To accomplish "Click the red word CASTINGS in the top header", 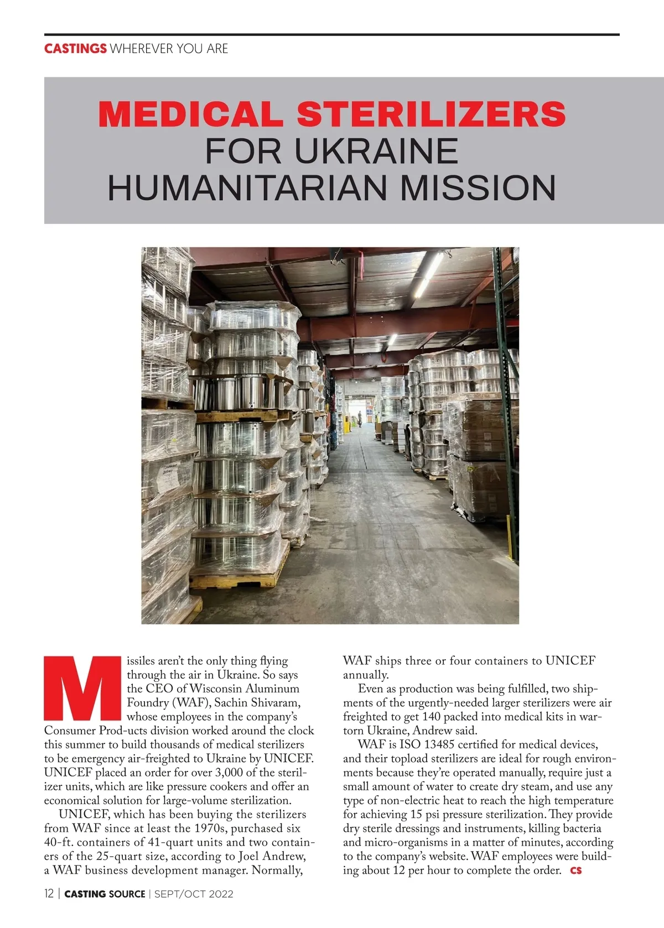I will tap(75, 49).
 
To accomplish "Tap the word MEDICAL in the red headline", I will tap(190, 114).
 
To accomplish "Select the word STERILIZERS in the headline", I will tap(431, 114).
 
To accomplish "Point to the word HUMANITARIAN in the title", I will tap(247, 187).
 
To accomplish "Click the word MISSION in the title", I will tap(478, 187).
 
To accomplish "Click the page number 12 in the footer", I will tap(49, 894).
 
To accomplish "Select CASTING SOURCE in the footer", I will tap(105, 894).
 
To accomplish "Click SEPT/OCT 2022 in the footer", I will tap(194, 894).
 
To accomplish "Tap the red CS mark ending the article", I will tap(576, 870).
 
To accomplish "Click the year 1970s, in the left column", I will tap(211, 828).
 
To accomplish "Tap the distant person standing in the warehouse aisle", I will tap(360, 418).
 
